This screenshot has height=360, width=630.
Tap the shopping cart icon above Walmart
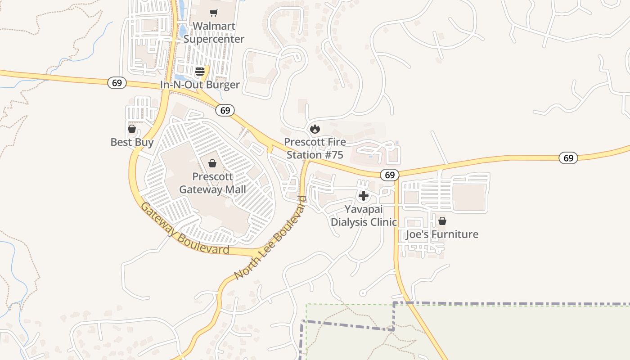pyautogui.click(x=214, y=13)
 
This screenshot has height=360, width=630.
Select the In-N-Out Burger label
pyautogui.click(x=200, y=85)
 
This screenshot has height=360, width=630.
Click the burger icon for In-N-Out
pyautogui.click(x=200, y=71)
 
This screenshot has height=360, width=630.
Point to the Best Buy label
pyautogui.click(x=132, y=142)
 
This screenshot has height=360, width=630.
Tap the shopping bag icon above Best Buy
pyautogui.click(x=132, y=129)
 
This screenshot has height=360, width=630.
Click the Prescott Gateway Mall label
pyautogui.click(x=212, y=183)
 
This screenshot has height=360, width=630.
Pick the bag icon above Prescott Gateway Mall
pyautogui.click(x=212, y=163)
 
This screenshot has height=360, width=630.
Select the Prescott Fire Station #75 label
pyautogui.click(x=315, y=148)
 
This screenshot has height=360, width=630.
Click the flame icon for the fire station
pyautogui.click(x=315, y=129)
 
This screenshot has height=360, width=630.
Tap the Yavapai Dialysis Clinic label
pyautogui.click(x=364, y=216)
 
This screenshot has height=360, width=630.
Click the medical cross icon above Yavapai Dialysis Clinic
pyautogui.click(x=363, y=196)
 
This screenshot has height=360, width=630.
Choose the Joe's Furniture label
pyautogui.click(x=442, y=234)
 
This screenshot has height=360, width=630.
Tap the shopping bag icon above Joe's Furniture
pyautogui.click(x=442, y=221)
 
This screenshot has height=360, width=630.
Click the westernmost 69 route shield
pyautogui.click(x=117, y=83)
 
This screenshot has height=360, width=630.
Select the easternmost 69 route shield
pyautogui.click(x=568, y=158)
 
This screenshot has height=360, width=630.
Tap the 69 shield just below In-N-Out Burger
pyautogui.click(x=225, y=110)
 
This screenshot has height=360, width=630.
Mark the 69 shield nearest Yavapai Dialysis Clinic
pyautogui.click(x=390, y=175)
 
